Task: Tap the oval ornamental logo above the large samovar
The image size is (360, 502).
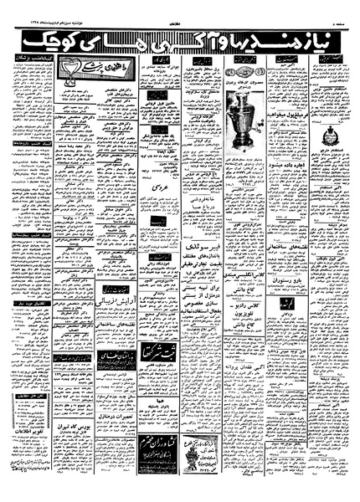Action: pyautogui.click(x=244, y=64)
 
